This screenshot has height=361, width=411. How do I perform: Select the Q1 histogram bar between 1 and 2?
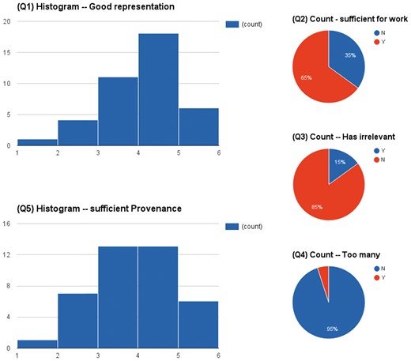point(37,142)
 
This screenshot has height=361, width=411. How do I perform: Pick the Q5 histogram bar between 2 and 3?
point(77,320)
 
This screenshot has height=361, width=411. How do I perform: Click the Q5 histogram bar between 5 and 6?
point(198,324)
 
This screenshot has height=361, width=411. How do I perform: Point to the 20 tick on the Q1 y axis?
point(6,21)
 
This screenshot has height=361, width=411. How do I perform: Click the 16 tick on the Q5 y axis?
point(6,224)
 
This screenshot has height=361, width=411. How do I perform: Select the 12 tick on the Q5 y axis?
point(6,254)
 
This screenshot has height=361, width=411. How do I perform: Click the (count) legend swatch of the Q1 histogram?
point(232,24)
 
